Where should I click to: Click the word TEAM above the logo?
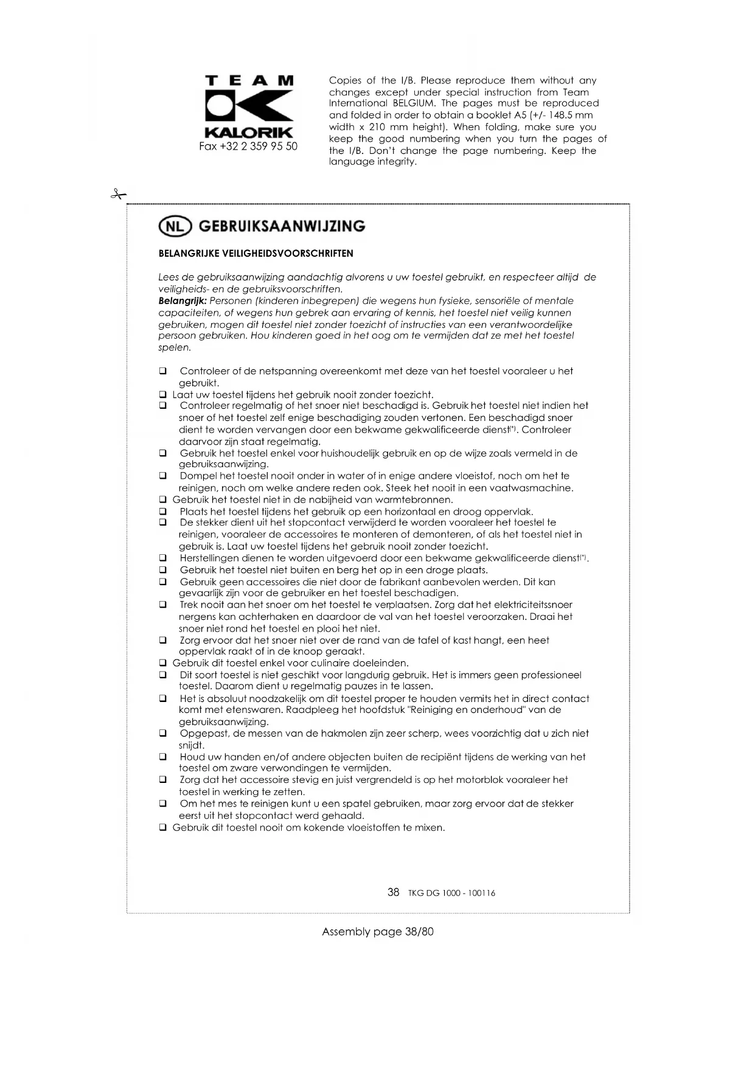click(x=249, y=81)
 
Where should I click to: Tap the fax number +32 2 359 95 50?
click(x=248, y=147)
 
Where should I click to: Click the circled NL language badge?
click(x=175, y=226)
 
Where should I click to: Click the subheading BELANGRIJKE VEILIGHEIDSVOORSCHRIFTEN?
click(x=256, y=254)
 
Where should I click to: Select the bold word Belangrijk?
click(x=183, y=301)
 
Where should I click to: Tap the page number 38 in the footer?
click(x=394, y=892)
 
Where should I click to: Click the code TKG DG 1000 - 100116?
click(x=452, y=894)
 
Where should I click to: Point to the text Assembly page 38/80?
click(x=378, y=932)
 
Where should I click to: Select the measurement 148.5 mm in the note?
click(x=571, y=115)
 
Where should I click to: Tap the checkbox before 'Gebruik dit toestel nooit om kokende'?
click(x=163, y=828)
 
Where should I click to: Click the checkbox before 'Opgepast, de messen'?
click(x=163, y=734)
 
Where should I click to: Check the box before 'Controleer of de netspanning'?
click(x=163, y=371)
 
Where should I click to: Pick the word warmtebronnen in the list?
click(x=414, y=500)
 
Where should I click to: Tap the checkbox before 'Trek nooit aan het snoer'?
click(x=163, y=605)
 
